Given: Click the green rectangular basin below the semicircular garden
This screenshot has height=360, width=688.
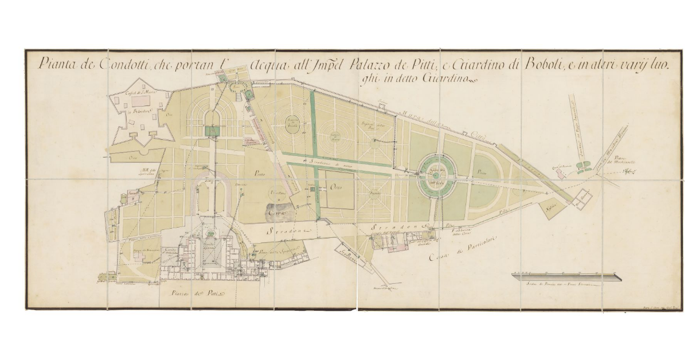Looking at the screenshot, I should (x=213, y=131).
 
